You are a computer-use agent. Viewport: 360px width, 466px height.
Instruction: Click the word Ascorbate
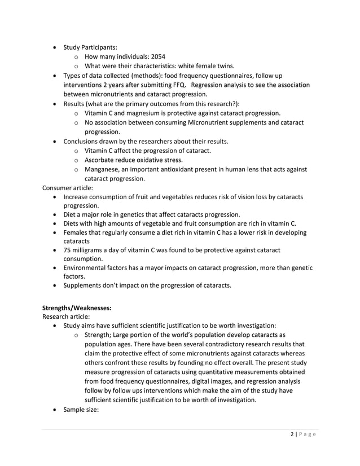[102, 159]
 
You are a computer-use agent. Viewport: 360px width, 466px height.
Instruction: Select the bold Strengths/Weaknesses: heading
[81, 307]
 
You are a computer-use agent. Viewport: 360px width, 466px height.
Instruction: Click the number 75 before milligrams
[68, 249]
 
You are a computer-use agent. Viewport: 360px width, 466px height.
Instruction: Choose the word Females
[77, 232]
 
